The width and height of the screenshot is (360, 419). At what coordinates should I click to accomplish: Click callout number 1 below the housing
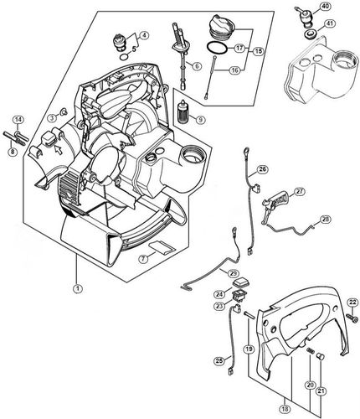click(x=77, y=288)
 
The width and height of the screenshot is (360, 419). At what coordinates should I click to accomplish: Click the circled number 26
click(x=263, y=170)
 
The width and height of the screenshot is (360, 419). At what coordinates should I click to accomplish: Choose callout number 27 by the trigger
click(x=299, y=191)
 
